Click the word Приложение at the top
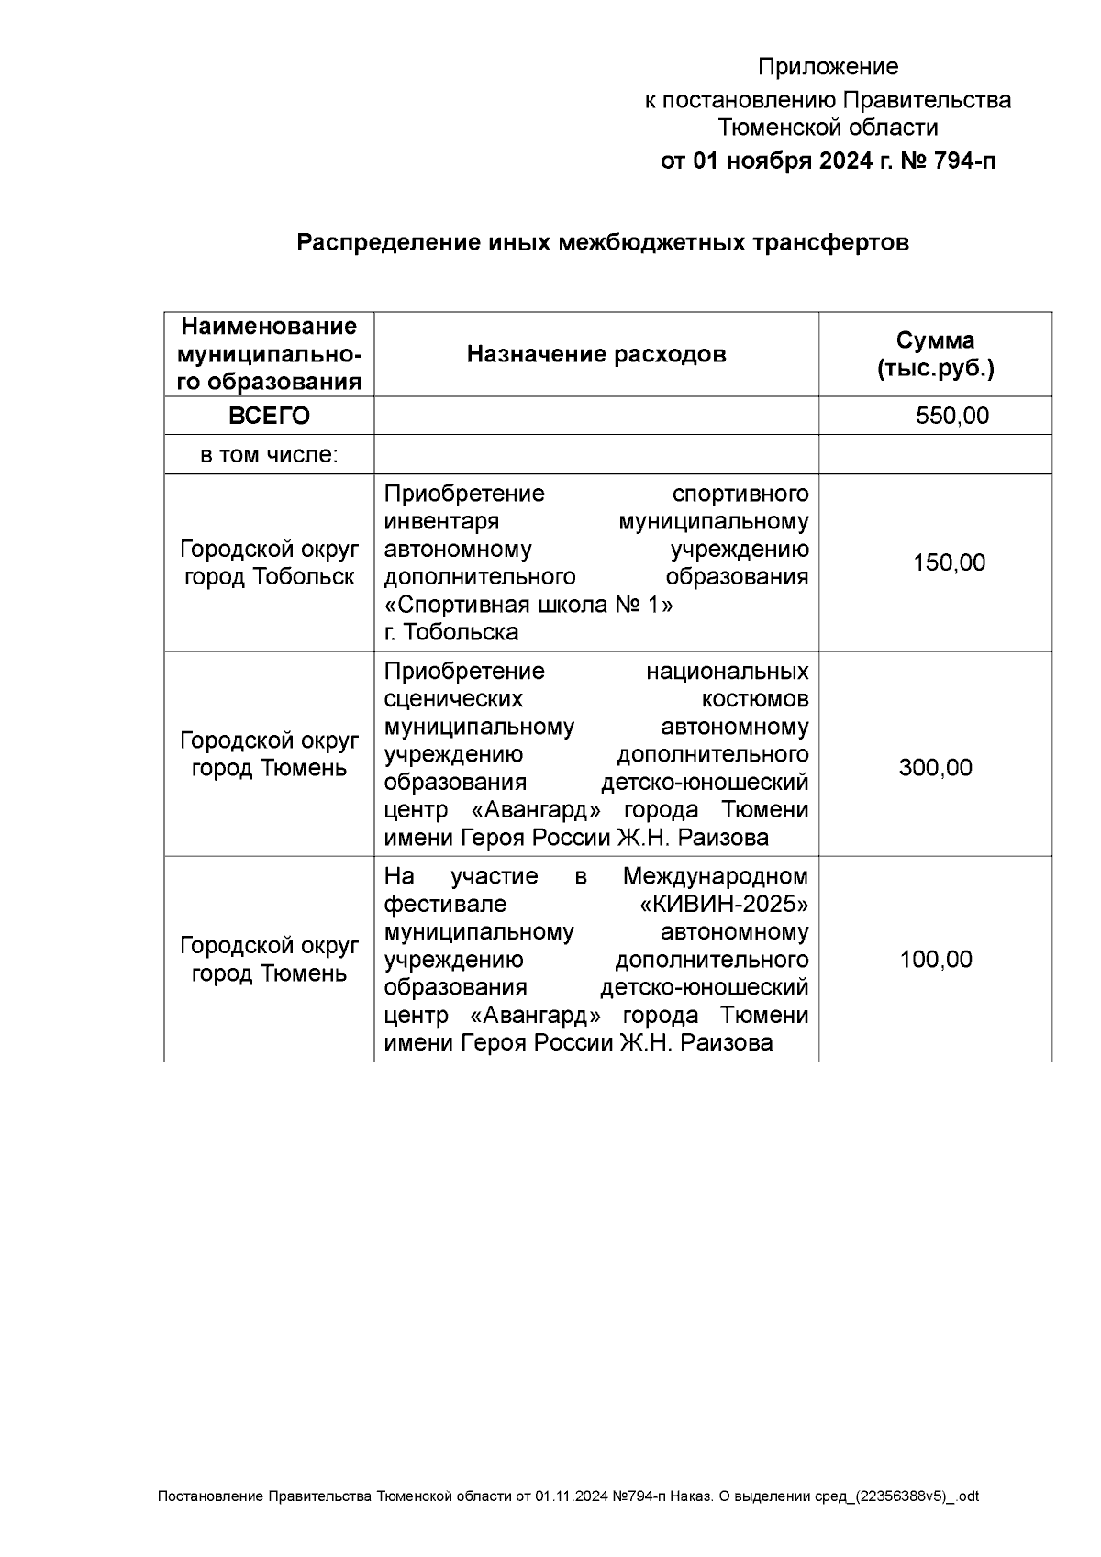(828, 67)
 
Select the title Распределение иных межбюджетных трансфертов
(602, 243)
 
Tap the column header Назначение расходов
(596, 354)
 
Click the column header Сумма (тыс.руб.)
(935, 354)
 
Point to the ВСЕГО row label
(269, 416)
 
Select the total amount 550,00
(951, 416)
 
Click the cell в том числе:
(269, 454)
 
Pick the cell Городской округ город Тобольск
(269, 562)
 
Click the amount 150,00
(949, 562)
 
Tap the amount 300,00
(935, 767)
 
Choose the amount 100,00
(935, 959)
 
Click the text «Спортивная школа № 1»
(528, 605)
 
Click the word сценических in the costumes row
(453, 699)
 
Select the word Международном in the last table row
(716, 876)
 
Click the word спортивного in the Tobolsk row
(740, 494)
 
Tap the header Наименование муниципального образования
(269, 354)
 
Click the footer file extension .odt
(968, 1496)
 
